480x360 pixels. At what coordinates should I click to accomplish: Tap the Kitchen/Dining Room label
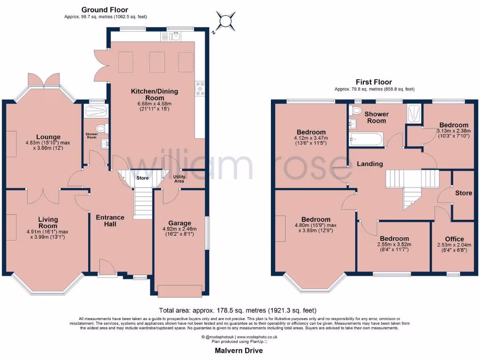154,94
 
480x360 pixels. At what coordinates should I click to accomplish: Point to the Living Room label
48,223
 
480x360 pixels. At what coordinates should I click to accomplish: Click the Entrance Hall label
110,221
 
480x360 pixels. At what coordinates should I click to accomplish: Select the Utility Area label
179,179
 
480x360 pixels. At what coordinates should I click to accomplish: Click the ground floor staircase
143,202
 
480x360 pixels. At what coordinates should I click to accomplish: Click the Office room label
454,239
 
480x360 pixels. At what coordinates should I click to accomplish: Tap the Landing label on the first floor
370,164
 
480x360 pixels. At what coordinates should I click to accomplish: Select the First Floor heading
374,82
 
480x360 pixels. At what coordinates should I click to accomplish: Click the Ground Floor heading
105,10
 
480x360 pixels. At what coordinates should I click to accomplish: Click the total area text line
238,310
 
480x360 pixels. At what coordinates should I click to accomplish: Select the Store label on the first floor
464,193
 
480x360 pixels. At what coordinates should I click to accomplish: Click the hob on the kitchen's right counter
202,89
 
